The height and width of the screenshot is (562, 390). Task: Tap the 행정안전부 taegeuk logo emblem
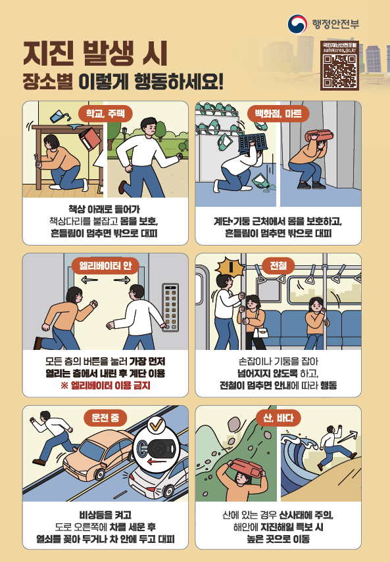click(297, 24)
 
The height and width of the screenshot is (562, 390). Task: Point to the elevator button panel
click(170, 307)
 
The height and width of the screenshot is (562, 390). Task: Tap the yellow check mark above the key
click(157, 426)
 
